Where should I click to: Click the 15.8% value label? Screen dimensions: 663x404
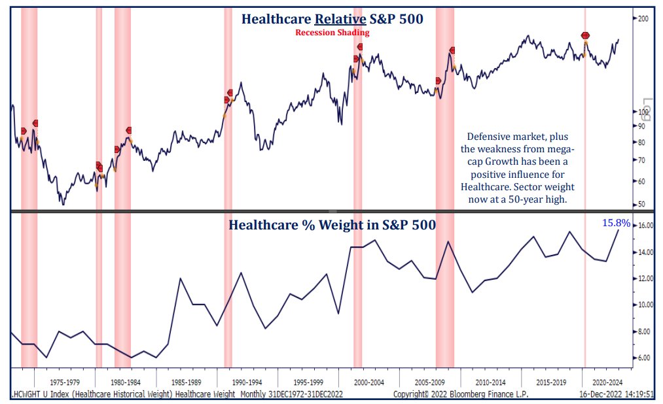point(616,222)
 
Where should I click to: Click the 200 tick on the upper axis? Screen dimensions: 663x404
point(643,18)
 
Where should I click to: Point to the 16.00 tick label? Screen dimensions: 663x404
point(645,226)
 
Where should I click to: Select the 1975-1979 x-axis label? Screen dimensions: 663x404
point(65,382)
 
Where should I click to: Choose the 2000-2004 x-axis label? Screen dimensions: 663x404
point(369,382)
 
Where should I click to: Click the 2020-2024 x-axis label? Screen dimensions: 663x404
point(607,382)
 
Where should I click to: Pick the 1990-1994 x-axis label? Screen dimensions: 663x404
point(247,382)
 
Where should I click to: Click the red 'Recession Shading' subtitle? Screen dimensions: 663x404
point(332,33)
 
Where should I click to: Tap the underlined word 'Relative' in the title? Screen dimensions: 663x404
point(340,19)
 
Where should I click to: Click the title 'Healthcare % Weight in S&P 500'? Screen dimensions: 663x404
point(332,225)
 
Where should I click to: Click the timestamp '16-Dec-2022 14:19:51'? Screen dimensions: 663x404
point(617,394)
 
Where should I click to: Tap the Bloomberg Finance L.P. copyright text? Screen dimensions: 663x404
point(461,394)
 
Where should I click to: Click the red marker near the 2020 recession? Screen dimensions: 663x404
point(585,35)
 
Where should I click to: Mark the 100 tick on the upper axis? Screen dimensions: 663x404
point(643,112)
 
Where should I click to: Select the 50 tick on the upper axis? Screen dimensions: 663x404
point(641,205)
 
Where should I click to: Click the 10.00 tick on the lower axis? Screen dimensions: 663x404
point(645,305)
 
